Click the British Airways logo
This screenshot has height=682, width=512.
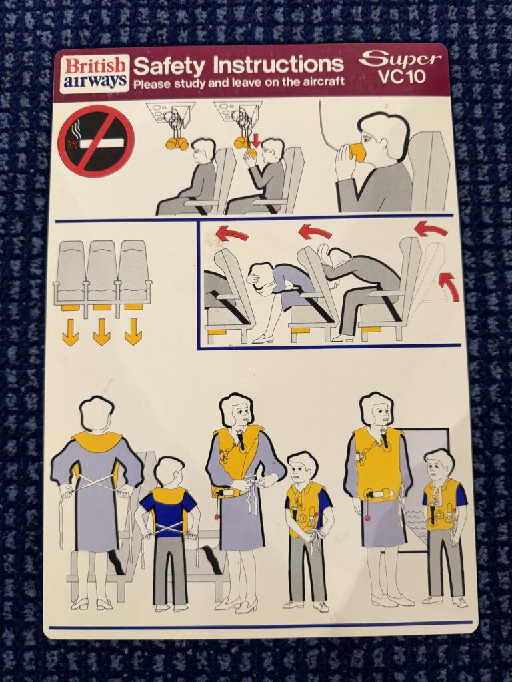coord(95,73)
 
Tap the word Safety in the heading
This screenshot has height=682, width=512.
coord(169,66)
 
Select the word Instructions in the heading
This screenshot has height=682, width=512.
coord(278,65)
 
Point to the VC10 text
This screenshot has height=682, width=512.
coord(401,77)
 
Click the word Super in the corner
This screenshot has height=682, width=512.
coord(399,59)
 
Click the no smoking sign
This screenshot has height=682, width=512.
coord(96,141)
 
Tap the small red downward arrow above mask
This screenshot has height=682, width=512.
coord(256,140)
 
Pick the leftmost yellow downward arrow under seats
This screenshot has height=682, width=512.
coord(71,332)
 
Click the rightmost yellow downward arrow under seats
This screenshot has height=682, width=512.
coord(133,332)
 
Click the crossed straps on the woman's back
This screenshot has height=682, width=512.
coord(97,483)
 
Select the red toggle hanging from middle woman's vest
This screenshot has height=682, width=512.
coord(217,517)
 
